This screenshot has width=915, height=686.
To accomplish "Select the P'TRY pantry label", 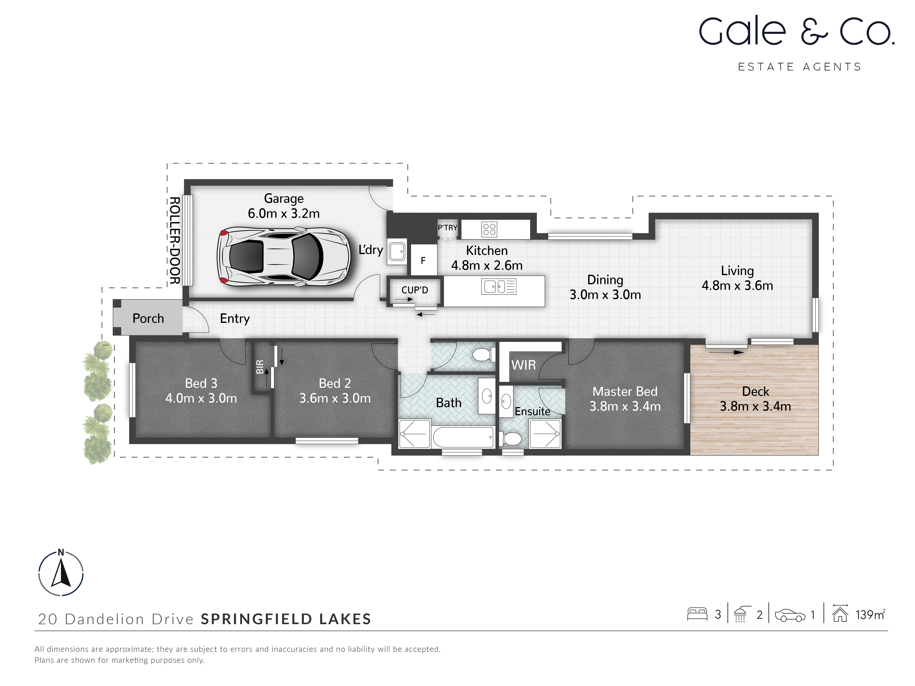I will pos(448,227).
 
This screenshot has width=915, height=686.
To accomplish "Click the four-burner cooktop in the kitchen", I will pos(489,229).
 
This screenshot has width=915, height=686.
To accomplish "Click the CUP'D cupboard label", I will pos(414,290).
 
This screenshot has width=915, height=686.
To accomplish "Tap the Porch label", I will pos(148,318).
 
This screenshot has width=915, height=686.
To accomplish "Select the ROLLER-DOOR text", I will pos(175,241).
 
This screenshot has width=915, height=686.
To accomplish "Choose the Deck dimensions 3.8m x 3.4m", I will pos(755,406).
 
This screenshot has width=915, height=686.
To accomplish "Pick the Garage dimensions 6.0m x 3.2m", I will pos(284,213).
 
